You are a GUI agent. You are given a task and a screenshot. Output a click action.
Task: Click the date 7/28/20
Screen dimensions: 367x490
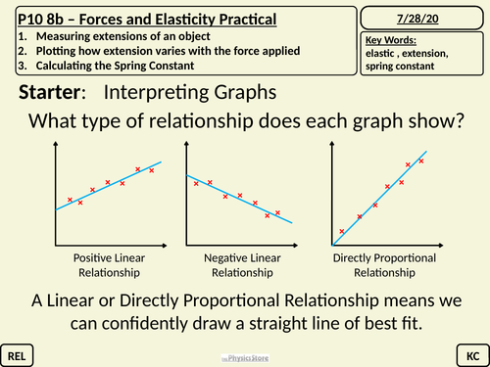pos(423,19)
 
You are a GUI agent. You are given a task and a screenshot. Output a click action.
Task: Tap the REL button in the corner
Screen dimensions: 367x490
pos(18,350)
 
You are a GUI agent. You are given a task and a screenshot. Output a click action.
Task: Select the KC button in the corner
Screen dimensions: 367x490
pos(471,350)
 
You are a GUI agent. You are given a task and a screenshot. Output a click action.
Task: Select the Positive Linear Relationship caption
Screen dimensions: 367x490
pos(107,265)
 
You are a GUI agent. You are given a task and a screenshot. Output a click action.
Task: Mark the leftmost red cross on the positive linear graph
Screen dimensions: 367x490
pos(70,200)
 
